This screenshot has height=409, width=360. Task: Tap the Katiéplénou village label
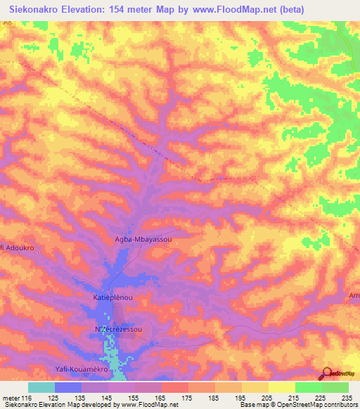pos(113,298)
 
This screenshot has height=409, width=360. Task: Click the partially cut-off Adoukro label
pos(17,248)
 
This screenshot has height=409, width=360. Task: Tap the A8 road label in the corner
pos(6,23)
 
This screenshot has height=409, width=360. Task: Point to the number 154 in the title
pos(126,9)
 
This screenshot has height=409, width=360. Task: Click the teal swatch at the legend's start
pos(41,387)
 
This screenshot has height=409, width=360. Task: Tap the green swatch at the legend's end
pos(335,387)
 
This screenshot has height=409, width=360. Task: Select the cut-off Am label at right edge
pos(353,297)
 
